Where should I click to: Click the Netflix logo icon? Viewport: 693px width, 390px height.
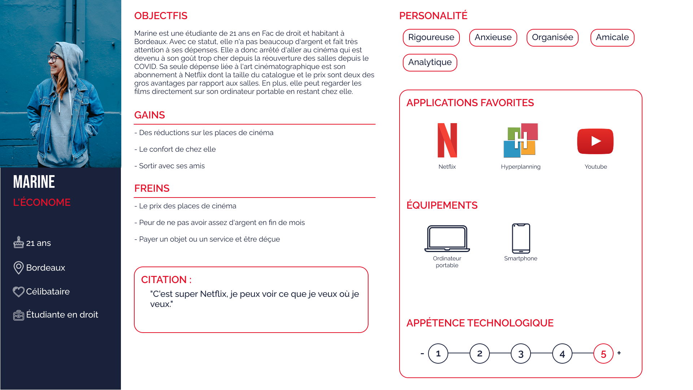(x=447, y=140)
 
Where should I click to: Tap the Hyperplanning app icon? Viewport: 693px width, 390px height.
(x=520, y=140)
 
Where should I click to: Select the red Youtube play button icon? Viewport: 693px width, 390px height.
(x=595, y=141)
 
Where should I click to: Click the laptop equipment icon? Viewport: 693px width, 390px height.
(x=447, y=238)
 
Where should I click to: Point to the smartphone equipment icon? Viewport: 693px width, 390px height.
(x=521, y=238)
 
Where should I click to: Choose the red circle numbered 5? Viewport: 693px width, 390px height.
(x=603, y=354)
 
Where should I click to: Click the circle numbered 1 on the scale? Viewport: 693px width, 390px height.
(x=438, y=354)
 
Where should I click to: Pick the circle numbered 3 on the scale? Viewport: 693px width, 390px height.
(x=521, y=354)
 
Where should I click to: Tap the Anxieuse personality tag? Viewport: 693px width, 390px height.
(x=493, y=38)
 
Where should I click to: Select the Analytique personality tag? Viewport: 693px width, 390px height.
(x=430, y=62)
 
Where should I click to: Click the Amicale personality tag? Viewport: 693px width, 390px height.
(x=612, y=38)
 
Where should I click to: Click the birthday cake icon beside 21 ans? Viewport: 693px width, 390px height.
(x=18, y=242)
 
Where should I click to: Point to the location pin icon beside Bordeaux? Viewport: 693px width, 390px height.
(x=18, y=268)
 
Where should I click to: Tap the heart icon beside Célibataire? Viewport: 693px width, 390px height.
(x=18, y=291)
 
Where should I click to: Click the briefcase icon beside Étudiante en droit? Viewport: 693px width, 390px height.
(x=18, y=315)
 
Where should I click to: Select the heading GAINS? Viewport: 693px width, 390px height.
(x=149, y=115)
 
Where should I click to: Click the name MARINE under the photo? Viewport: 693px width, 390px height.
(x=34, y=182)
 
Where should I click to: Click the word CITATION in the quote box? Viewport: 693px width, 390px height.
(x=164, y=280)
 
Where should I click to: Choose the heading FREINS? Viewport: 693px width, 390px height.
(x=152, y=188)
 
